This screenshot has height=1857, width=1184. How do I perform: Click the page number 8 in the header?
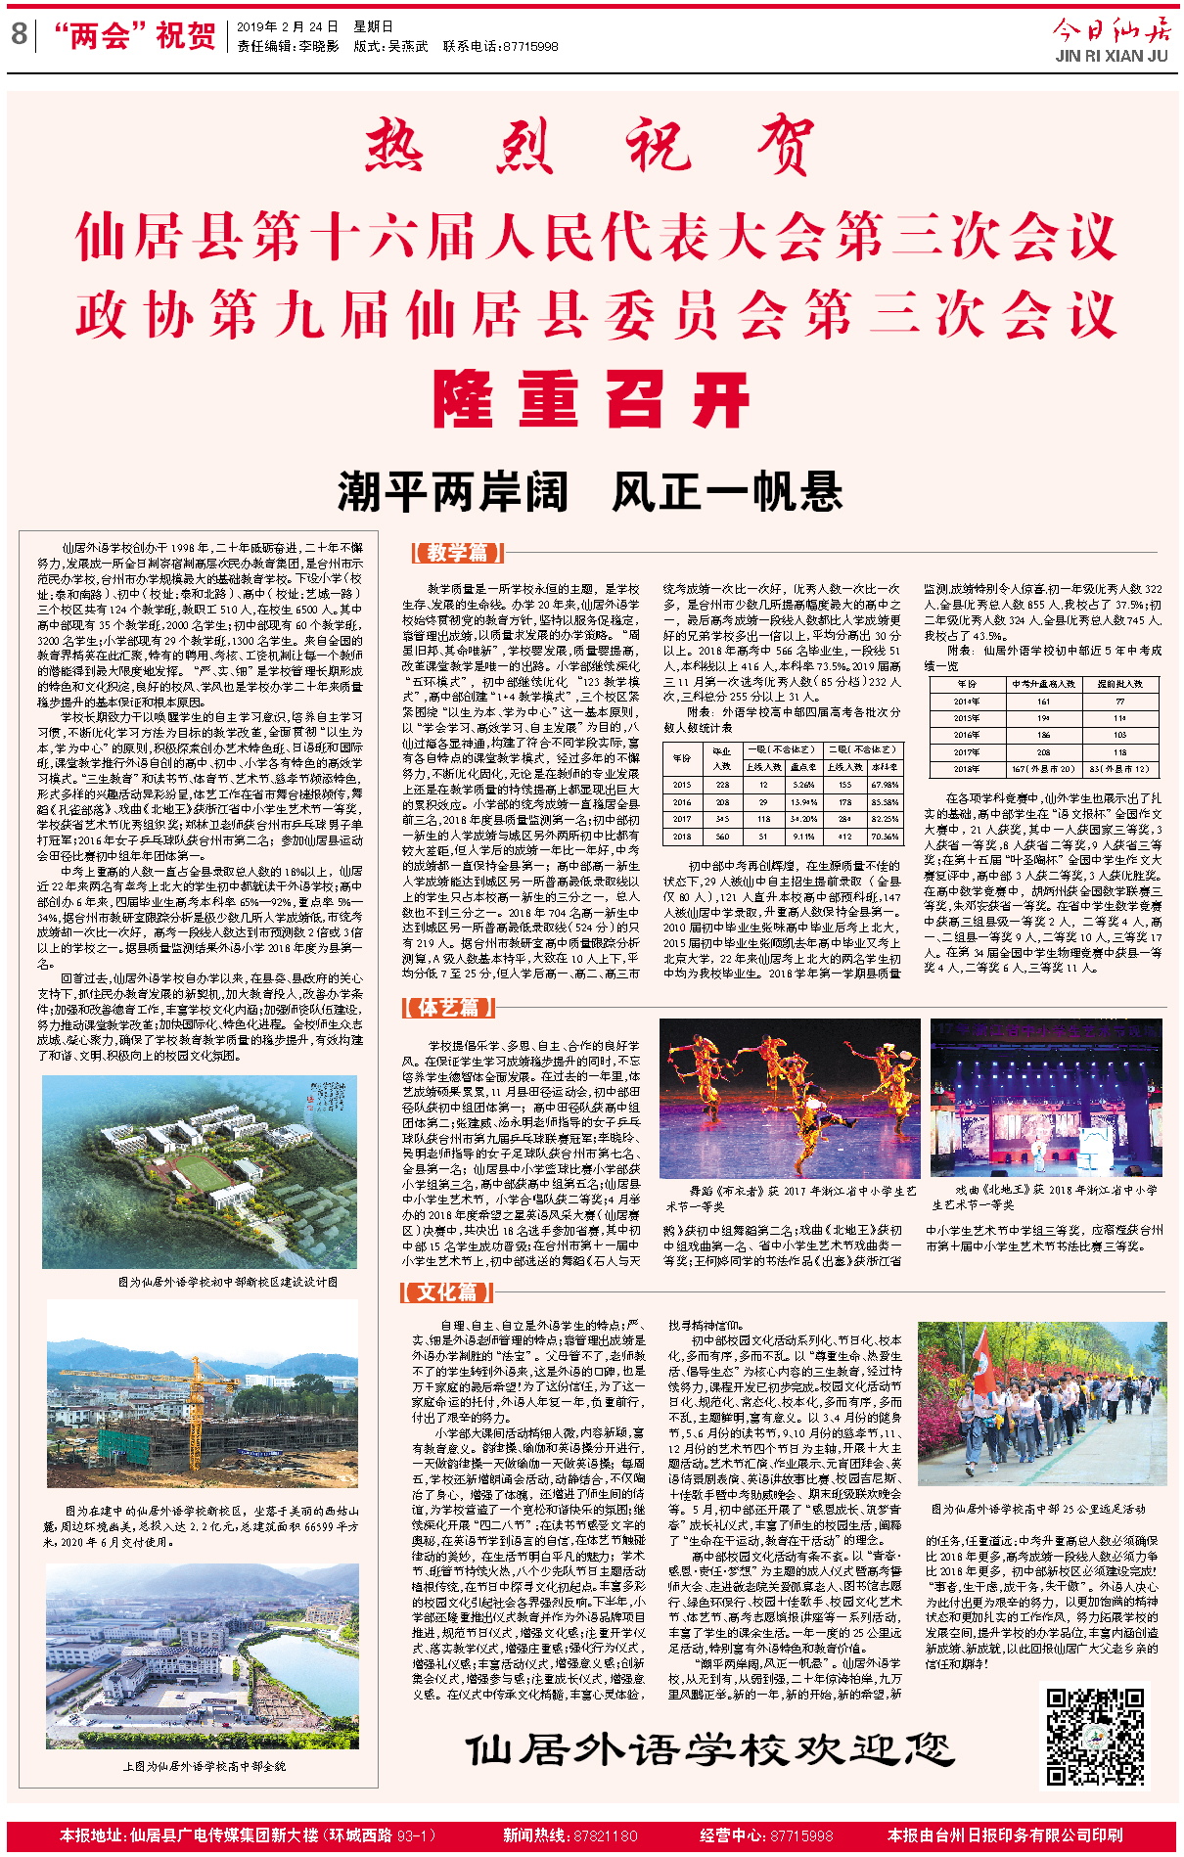click(19, 35)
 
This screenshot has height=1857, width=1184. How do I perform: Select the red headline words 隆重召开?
click(591, 400)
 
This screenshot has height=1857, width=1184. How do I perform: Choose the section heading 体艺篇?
click(449, 1007)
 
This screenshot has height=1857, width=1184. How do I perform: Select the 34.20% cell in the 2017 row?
click(803, 819)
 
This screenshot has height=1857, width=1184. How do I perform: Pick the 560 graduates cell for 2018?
click(722, 837)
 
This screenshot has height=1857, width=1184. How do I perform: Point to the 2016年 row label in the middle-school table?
click(967, 735)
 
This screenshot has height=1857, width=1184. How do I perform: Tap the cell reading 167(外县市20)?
click(1043, 768)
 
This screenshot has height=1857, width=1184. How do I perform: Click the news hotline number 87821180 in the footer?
click(604, 1835)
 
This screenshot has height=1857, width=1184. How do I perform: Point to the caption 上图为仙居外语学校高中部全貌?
click(204, 1766)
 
